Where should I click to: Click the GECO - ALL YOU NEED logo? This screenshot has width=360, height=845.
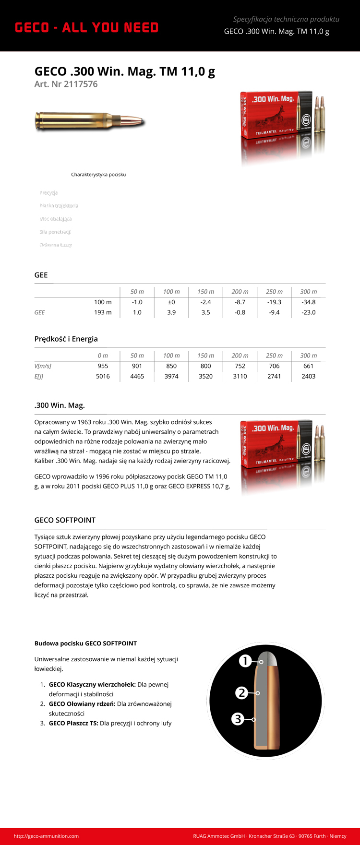[x=86, y=28]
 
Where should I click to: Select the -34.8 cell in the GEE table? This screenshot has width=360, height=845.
[x=308, y=302]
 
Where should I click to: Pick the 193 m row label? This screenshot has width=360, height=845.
[x=103, y=312]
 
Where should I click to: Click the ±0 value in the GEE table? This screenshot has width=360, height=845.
[x=171, y=302]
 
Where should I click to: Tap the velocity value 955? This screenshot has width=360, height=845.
[x=103, y=366]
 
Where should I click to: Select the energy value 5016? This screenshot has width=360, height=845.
[x=103, y=376]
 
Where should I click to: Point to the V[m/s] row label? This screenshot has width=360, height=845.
[x=43, y=366]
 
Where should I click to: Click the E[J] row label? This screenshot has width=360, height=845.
[x=39, y=376]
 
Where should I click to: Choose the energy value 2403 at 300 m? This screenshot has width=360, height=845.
[x=308, y=376]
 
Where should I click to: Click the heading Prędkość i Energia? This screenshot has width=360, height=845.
[x=66, y=339]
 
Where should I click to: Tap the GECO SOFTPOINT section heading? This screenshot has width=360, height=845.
[x=65, y=520]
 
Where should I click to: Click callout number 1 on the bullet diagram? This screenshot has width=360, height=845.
[x=245, y=661]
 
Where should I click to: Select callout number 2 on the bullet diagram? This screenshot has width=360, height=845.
[x=241, y=693]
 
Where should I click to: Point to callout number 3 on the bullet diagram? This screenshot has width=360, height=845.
[x=238, y=719]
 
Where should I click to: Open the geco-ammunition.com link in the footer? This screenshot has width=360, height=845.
[x=46, y=836]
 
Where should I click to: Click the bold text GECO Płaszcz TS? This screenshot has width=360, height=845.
[x=73, y=723]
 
